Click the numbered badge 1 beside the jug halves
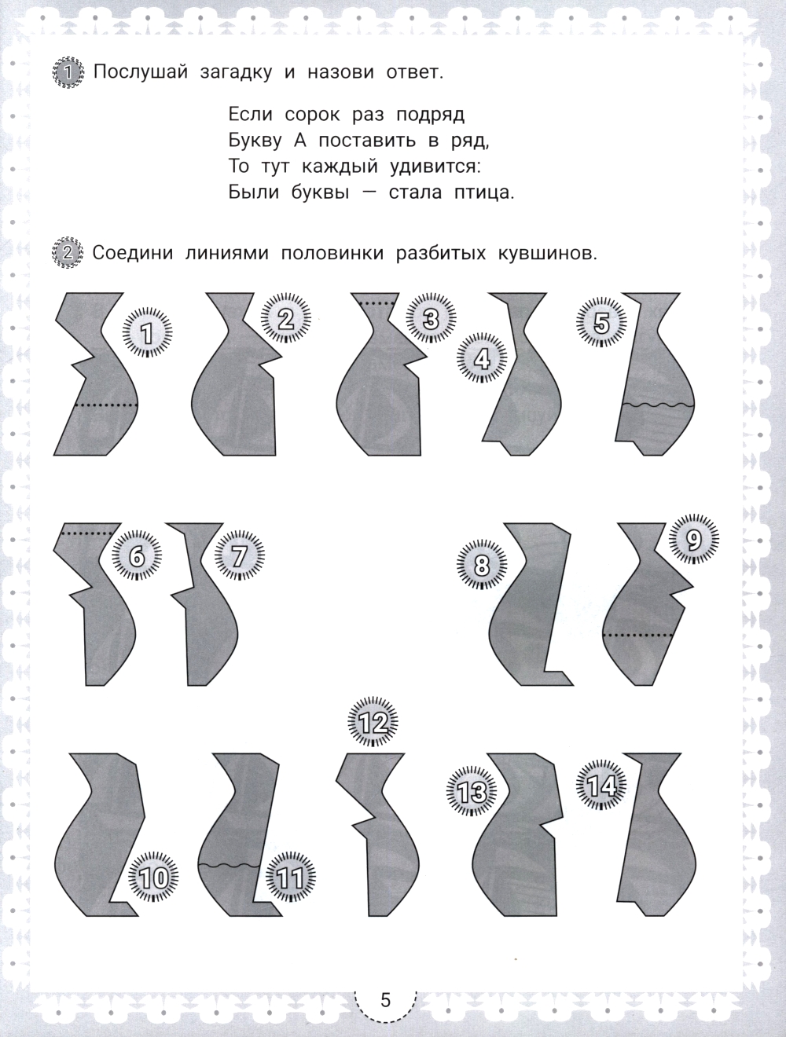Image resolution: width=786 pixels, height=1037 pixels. pyautogui.click(x=147, y=332)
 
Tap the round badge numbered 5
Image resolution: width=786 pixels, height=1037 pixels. pyautogui.click(x=601, y=324)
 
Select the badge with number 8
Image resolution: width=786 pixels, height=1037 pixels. pyautogui.click(x=482, y=565)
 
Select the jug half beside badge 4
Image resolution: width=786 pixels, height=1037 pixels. pyautogui.click(x=522, y=374)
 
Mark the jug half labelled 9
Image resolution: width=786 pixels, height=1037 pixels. pyautogui.click(x=648, y=604)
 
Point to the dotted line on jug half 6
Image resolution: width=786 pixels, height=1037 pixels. pyautogui.click(x=86, y=533)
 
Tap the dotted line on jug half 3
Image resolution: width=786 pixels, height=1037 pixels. pyautogui.click(x=376, y=303)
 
